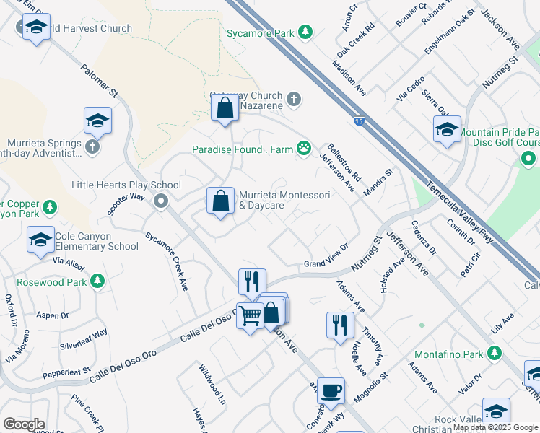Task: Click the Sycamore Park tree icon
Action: [306, 33]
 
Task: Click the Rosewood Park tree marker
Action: [97, 281]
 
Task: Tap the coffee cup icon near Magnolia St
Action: [331, 391]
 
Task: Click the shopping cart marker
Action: [250, 315]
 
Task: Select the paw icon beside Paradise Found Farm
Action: [306, 149]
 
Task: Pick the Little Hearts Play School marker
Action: [161, 201]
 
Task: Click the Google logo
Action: [24, 424]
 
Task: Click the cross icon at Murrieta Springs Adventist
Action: [91, 147]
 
